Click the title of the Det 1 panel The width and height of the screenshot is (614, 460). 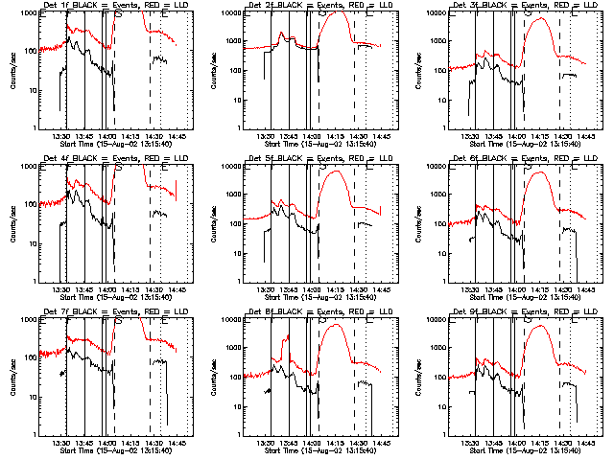(114, 7)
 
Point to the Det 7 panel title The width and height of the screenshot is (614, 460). (114, 313)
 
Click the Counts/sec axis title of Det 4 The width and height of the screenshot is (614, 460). (12, 223)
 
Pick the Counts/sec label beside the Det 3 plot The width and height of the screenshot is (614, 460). (421, 70)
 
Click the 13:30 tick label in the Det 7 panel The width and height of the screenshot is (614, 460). (61, 443)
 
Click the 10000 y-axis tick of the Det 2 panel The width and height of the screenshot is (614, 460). (227, 12)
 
